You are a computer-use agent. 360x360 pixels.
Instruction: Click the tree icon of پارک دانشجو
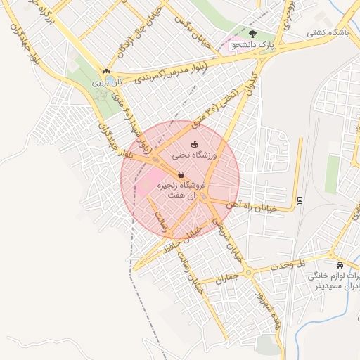click(252, 32)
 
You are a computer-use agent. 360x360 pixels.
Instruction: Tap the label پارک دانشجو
click(252, 45)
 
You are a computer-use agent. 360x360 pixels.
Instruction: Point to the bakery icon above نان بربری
click(106, 71)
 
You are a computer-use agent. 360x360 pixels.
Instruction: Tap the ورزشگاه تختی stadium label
click(197, 155)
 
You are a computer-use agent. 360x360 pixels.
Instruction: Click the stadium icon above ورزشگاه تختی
click(194, 144)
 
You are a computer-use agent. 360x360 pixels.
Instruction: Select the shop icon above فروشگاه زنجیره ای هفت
click(181, 175)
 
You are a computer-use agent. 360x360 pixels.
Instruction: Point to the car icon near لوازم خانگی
click(340, 266)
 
